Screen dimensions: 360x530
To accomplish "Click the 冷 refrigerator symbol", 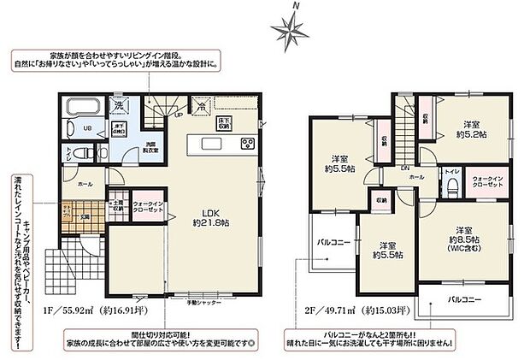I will click(x=199, y=107).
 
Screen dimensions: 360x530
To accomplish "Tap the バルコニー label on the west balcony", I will click(x=330, y=243).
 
